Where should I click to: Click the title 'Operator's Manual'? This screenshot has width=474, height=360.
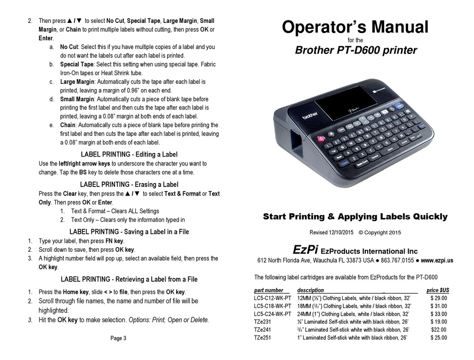[355, 27]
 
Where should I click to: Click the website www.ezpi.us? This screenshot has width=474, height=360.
[437, 260]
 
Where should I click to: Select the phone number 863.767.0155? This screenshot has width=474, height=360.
[397, 260]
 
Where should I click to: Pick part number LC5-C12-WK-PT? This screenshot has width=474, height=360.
[272, 299]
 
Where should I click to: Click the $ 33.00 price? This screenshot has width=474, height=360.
[438, 314]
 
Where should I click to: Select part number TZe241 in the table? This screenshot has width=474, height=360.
[263, 330]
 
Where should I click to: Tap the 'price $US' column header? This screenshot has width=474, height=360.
[438, 290]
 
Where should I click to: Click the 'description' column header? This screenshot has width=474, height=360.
[310, 290]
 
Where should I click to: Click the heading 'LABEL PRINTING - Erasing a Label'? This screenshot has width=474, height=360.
[129, 184]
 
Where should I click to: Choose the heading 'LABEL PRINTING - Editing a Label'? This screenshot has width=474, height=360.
[129, 155]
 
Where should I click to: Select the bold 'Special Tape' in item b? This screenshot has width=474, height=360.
[77, 65]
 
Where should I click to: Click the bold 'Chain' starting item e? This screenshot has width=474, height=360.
[68, 125]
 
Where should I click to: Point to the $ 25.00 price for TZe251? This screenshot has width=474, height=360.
[438, 338]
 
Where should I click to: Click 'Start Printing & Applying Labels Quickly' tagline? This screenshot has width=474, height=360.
[355, 216]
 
